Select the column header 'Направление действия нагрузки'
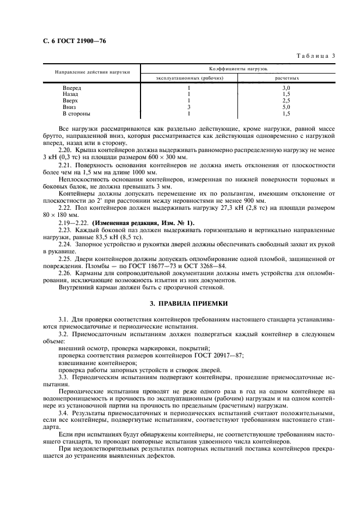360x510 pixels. click(x=92, y=72)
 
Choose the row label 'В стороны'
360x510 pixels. click(x=76, y=114)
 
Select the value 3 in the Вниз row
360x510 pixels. click(x=189, y=107)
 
